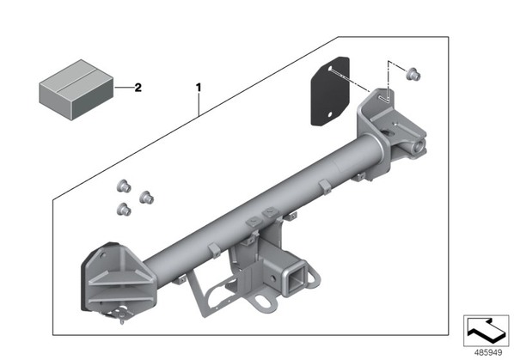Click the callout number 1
[x=199, y=88]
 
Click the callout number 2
[x=138, y=88]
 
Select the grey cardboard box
[x=76, y=89]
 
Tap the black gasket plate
[x=330, y=91]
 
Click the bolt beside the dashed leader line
[x=413, y=74]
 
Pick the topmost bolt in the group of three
[x=124, y=186]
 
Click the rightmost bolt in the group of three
[x=146, y=198]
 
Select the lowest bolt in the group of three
[x=124, y=210]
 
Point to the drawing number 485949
[x=488, y=353]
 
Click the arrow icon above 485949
[x=486, y=331]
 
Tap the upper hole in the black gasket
[x=330, y=69]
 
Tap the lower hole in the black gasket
[x=330, y=114]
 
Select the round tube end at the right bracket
[x=419, y=146]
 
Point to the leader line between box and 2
[x=125, y=88]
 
